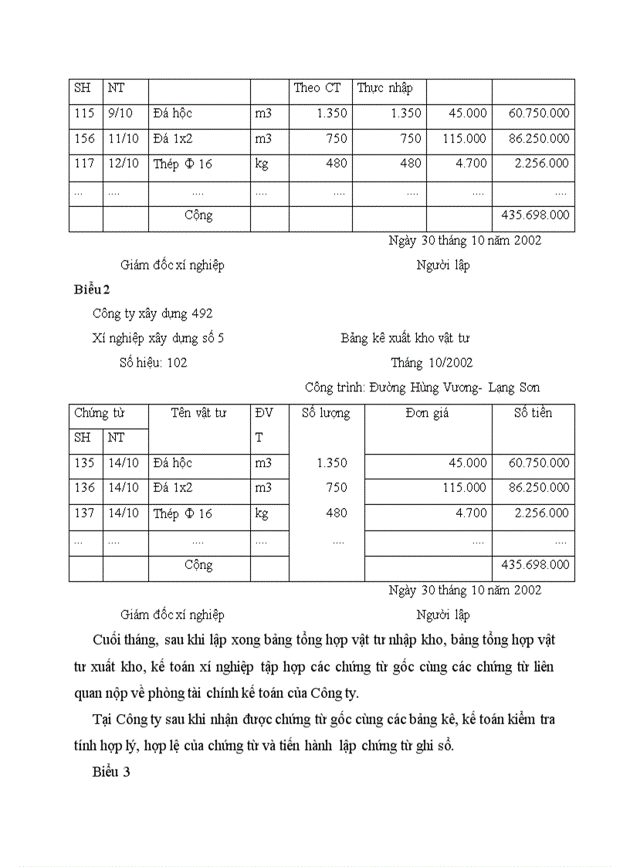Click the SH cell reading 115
coord(84,113)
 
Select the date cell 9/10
coord(120,113)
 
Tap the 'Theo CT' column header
coord(317,88)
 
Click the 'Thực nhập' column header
coord(384,88)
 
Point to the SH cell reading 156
coord(84,139)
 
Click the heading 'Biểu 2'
coord(93,290)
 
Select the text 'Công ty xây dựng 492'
coord(152,313)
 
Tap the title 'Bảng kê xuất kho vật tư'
coord(405,338)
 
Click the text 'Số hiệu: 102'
coord(153,363)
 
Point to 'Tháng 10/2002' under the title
coord(432,363)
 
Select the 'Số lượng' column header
coord(325,413)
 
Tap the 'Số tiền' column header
coord(533,413)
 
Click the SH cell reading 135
coord(84,463)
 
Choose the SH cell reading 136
coord(84,488)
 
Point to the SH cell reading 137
coord(84,513)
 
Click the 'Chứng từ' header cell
coord(99,413)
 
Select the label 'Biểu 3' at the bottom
coord(111,770)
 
